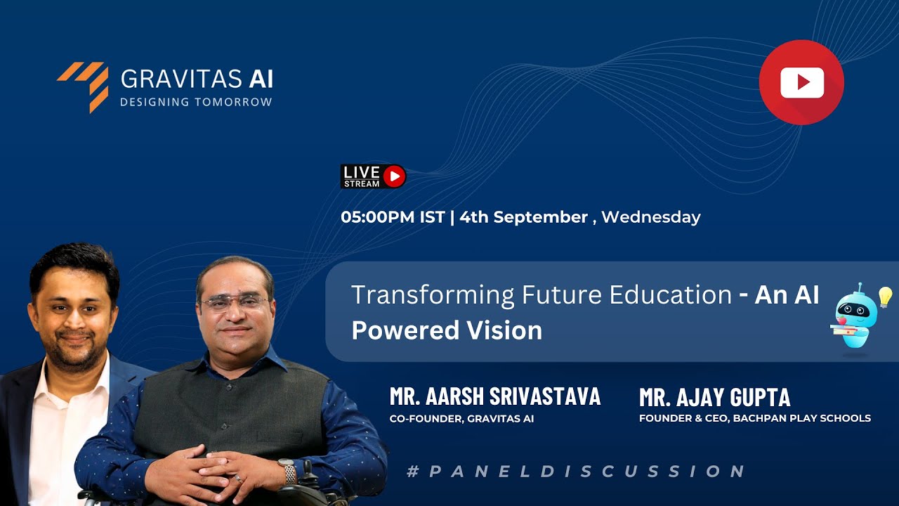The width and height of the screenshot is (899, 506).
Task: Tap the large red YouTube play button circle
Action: point(801,83)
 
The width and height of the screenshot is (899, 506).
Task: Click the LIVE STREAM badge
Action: point(373,176)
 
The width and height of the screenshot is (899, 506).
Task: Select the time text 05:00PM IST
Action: point(393,217)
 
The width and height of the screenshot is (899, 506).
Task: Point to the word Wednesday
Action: point(650,217)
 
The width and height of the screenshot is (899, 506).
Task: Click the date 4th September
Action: point(524,217)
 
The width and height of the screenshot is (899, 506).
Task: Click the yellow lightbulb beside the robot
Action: point(884,297)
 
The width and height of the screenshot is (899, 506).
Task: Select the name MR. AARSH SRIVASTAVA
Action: point(495,397)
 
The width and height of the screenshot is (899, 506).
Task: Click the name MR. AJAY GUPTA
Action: point(714,398)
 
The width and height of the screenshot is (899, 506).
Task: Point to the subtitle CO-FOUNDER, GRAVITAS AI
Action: point(461,419)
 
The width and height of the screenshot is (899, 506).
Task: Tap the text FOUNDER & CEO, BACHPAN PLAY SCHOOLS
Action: point(754,418)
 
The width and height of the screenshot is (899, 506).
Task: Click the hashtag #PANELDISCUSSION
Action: point(575,471)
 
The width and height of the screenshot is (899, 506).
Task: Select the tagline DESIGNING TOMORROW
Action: point(196,103)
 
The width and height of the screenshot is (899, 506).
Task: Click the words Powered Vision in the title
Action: point(447,330)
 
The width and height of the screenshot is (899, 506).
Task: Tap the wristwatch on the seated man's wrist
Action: point(287,472)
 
